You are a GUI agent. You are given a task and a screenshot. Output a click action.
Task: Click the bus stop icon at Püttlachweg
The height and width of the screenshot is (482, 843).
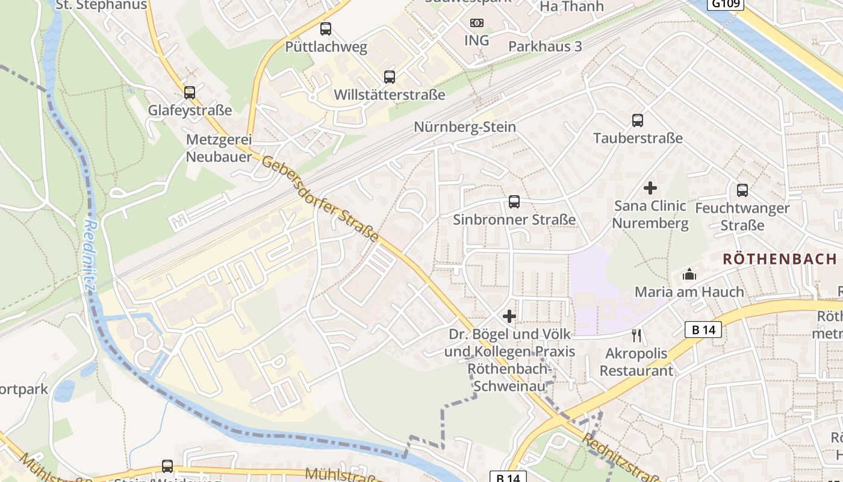click(x=326, y=28)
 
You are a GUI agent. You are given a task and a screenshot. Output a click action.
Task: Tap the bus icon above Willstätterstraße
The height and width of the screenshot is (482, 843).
click(x=390, y=77)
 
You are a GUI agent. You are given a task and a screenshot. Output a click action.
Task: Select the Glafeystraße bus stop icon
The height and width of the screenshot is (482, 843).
click(x=190, y=92)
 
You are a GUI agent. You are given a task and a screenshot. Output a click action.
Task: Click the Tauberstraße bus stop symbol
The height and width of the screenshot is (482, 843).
click(x=638, y=120)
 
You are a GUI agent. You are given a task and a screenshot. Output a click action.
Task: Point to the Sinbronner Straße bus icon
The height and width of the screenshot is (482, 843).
click(x=514, y=202)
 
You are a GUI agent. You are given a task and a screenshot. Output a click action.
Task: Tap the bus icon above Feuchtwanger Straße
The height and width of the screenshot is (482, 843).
click(x=742, y=190)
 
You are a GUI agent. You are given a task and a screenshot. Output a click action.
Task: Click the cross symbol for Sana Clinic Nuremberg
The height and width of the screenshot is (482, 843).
click(x=650, y=188)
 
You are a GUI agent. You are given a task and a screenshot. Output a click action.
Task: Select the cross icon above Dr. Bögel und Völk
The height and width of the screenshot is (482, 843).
click(x=509, y=316)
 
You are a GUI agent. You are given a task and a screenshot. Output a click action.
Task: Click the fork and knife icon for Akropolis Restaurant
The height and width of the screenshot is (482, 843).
click(x=636, y=335)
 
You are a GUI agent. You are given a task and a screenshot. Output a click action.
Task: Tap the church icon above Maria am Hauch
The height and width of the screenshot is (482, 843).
click(x=689, y=275)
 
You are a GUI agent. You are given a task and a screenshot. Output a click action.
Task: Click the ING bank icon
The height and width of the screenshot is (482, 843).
click(x=477, y=23)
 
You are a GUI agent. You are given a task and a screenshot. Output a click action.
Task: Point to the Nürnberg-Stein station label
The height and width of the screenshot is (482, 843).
click(x=465, y=127)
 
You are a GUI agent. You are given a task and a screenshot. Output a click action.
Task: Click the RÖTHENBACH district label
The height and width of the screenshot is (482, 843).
click(x=780, y=259)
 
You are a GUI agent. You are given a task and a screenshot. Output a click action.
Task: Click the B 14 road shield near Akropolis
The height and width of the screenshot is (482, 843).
click(x=703, y=330)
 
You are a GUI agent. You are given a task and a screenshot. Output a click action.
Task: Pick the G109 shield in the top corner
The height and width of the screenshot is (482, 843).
click(x=726, y=4)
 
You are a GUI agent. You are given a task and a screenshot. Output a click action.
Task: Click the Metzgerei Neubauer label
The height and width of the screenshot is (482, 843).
click(x=219, y=148)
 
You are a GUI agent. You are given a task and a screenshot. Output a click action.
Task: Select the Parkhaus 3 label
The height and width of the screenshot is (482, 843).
click(x=545, y=46)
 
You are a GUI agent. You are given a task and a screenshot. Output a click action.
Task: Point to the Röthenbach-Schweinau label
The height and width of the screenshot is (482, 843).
click(x=511, y=377)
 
